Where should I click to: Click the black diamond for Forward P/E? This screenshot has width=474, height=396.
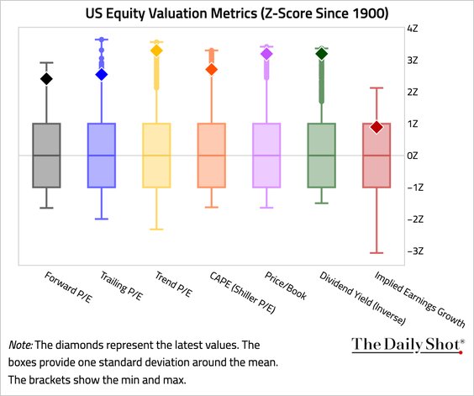pos(47,79)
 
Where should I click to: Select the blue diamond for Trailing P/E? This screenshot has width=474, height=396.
pos(102,74)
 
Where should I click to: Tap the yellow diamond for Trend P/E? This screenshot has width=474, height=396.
pos(156,50)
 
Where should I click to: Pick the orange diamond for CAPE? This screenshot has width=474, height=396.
pos(212,69)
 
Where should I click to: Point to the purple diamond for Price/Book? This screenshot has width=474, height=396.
pos(266,54)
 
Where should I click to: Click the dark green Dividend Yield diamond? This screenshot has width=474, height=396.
pos(321,54)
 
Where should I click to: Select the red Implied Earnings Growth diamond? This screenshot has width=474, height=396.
pos(377,127)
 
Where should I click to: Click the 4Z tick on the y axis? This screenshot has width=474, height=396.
pos(413,28)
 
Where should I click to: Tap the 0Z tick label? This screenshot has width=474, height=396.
pos(413,156)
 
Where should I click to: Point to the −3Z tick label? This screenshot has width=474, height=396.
pos(413,251)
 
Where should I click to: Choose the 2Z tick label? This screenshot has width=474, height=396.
pos(413,92)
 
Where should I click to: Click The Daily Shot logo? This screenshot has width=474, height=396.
pos(408,344)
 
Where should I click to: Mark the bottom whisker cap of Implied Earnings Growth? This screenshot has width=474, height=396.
pos(377,252)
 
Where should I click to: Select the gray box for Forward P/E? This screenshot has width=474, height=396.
pos(47,156)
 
